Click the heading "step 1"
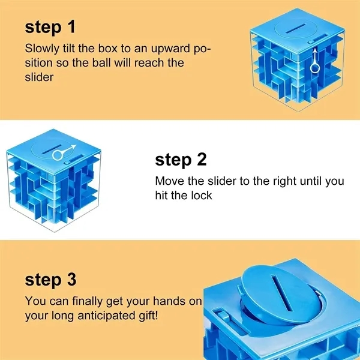pyautogui.click(x=50, y=27)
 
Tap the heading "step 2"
pyautogui.click(x=181, y=160)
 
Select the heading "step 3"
pyautogui.click(x=50, y=280)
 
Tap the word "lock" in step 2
pyautogui.click(x=202, y=195)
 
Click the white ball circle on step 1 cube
pyautogui.click(x=315, y=68)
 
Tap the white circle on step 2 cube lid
pyautogui.click(x=58, y=155)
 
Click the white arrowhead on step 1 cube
pyautogui.click(x=315, y=50)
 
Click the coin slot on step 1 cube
pyautogui.click(x=296, y=29)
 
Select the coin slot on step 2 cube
pyautogui.click(x=52, y=149)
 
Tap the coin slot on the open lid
pyautogui.click(x=282, y=293)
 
